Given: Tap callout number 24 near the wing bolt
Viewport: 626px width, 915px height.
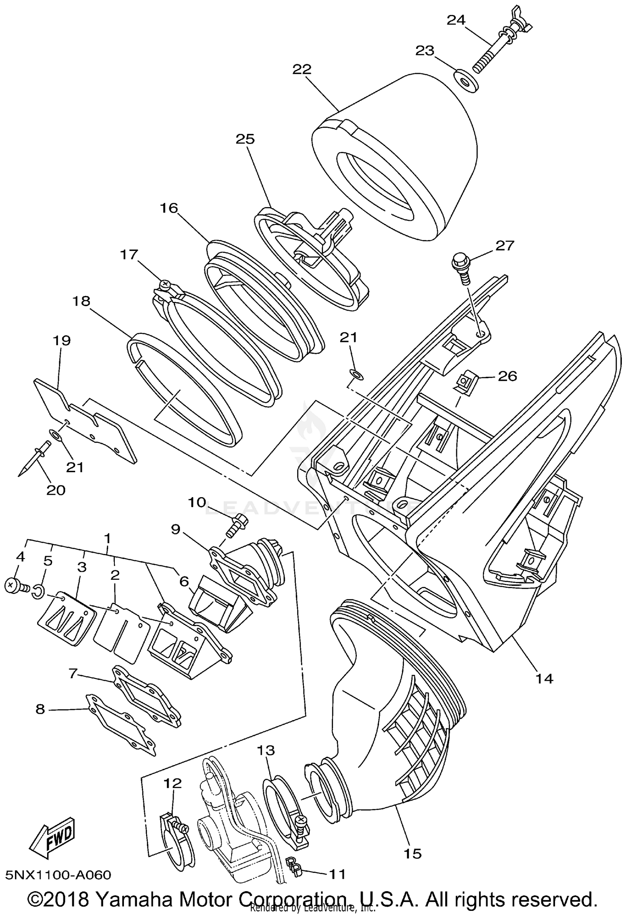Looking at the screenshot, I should (x=456, y=20).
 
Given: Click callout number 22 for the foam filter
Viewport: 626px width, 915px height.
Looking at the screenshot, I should (x=302, y=69).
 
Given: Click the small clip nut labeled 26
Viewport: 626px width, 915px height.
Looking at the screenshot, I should (x=465, y=382).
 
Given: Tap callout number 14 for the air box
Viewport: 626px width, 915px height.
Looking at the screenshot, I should (x=545, y=679).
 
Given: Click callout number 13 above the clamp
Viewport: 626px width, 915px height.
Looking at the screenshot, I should (x=266, y=751).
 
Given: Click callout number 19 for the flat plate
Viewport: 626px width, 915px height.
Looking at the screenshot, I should (x=61, y=340).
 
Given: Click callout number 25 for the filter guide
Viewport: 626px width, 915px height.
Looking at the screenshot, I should (x=245, y=139).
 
